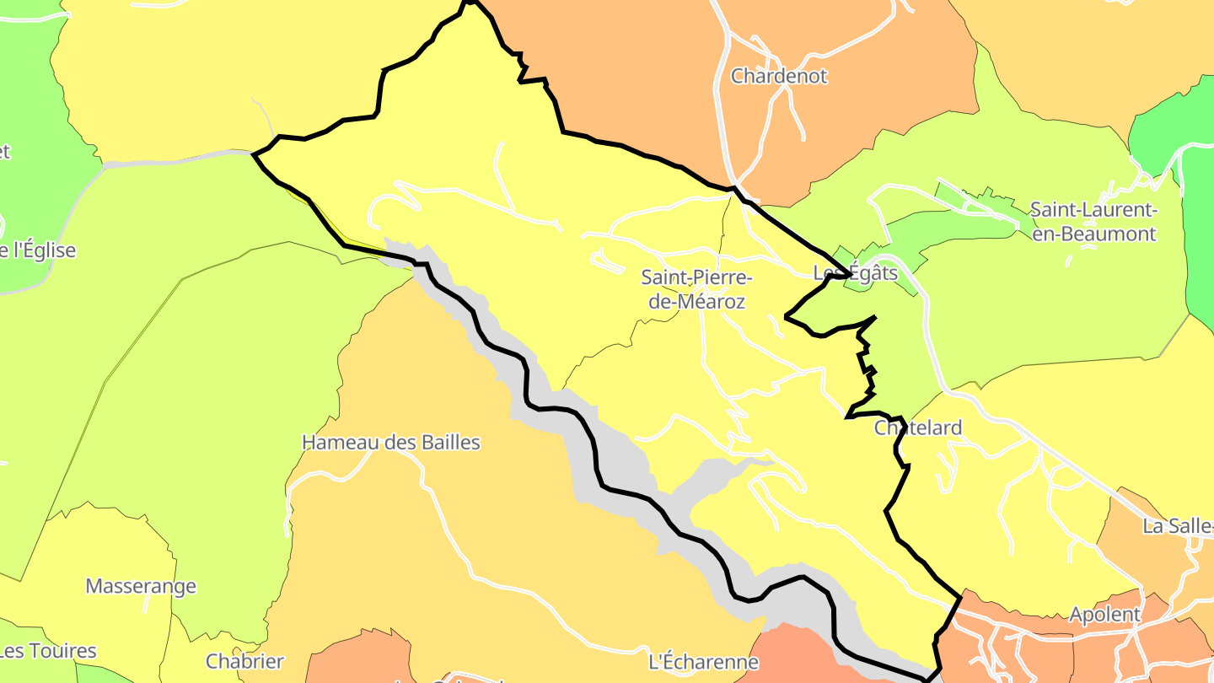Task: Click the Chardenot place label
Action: pyautogui.click(x=778, y=76)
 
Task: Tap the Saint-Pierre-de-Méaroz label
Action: pyautogui.click(x=696, y=289)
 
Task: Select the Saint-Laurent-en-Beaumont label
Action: pyautogui.click(x=1094, y=222)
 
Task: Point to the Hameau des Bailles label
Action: pyautogui.click(x=390, y=442)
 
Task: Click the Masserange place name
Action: pyautogui.click(x=141, y=586)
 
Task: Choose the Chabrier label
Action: pyautogui.click(x=244, y=661)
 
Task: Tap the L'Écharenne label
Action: pyautogui.click(x=703, y=661)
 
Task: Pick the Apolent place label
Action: pyautogui.click(x=1104, y=615)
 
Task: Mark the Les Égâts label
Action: pyautogui.click(x=855, y=273)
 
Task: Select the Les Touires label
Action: pyautogui.click(x=48, y=651)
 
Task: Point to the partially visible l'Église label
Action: pyautogui.click(x=38, y=250)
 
